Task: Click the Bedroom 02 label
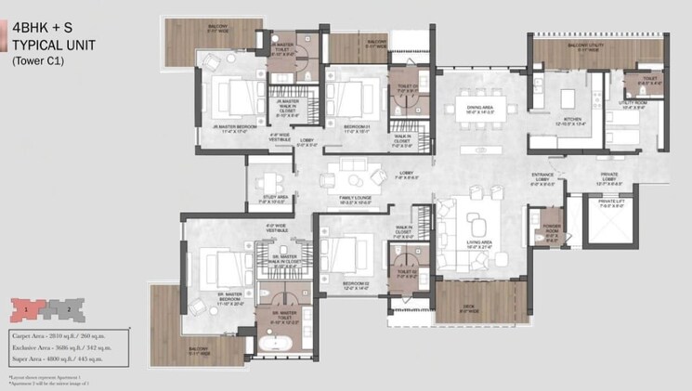pyautogui.click(x=355, y=285)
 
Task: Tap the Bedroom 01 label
pyautogui.click(x=358, y=128)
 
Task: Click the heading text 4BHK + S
pyautogui.click(x=41, y=26)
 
